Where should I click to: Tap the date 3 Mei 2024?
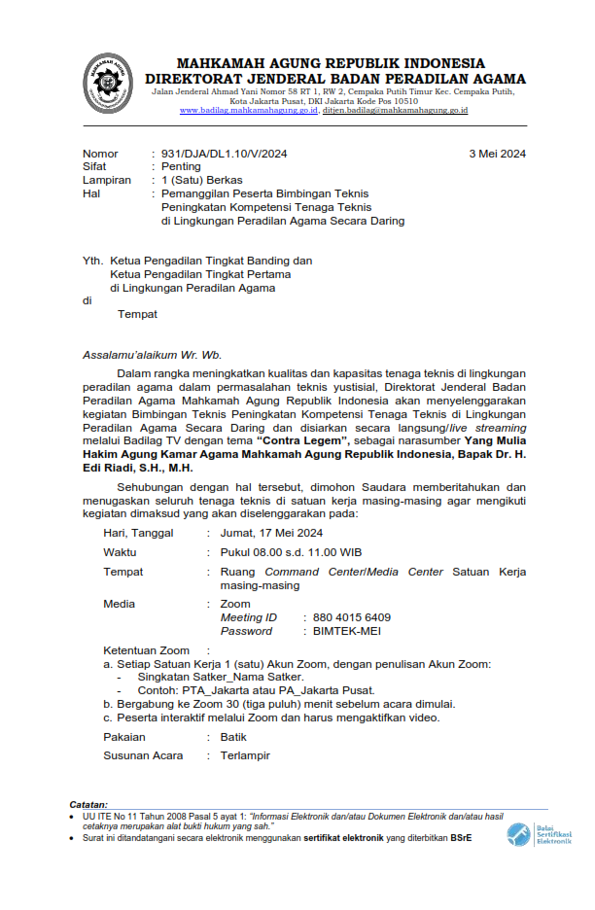497,154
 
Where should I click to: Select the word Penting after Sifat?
181,167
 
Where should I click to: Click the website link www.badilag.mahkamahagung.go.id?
249,111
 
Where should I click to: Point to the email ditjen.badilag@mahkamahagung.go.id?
396,111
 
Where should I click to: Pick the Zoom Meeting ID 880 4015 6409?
353,617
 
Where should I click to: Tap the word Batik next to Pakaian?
233,737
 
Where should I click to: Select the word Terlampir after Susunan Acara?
245,755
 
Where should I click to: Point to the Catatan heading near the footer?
88,805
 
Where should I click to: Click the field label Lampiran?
107,181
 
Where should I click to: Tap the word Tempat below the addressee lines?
137,314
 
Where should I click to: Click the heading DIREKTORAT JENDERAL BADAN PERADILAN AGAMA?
335,79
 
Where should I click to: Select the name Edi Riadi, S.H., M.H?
144,468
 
